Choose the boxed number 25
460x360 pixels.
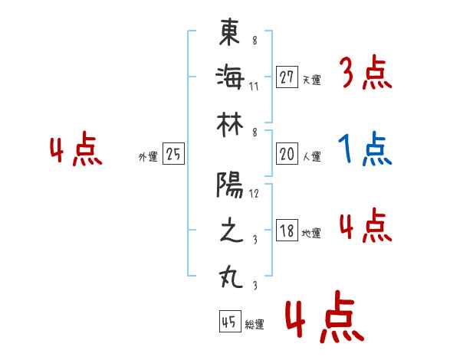[x=173, y=155]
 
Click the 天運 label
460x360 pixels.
[x=311, y=80]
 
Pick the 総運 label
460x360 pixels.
[x=255, y=324]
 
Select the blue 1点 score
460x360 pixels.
[x=366, y=150]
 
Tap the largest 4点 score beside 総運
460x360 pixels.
[x=322, y=320]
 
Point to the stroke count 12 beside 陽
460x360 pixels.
[x=255, y=193]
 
